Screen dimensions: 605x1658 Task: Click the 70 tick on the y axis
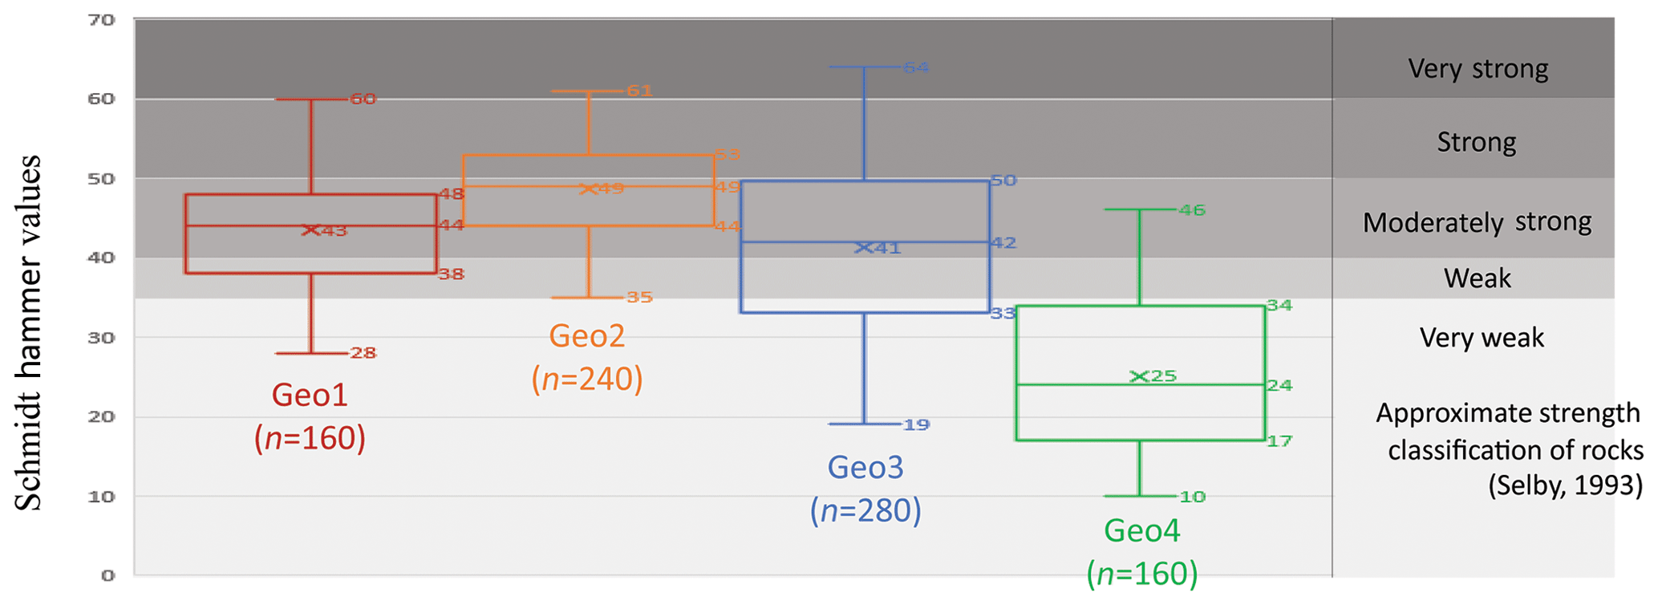click(102, 20)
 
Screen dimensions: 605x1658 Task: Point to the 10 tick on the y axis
click(102, 497)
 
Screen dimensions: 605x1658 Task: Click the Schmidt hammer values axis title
click(29, 333)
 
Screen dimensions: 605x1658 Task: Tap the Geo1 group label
click(310, 396)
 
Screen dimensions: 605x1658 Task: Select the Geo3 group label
click(865, 468)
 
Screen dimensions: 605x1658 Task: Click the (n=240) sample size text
click(587, 380)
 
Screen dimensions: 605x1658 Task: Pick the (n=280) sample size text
click(865, 511)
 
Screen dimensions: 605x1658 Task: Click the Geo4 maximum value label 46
click(1192, 210)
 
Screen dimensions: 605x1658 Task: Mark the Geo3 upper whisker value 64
click(916, 67)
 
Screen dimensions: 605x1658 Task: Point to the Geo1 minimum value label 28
click(363, 353)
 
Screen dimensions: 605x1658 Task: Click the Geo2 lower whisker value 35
click(639, 298)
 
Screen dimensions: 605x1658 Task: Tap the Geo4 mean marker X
click(1138, 376)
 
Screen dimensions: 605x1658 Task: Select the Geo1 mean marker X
click(310, 230)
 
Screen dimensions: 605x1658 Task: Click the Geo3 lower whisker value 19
click(916, 424)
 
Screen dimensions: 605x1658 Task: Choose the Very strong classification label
click(1478, 69)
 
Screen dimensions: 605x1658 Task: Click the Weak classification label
click(1478, 278)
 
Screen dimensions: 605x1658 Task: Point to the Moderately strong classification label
click(1477, 222)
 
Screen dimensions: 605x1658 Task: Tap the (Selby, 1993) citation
click(1565, 485)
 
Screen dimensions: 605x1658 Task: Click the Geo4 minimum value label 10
click(1193, 497)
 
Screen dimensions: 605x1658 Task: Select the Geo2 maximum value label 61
click(639, 91)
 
